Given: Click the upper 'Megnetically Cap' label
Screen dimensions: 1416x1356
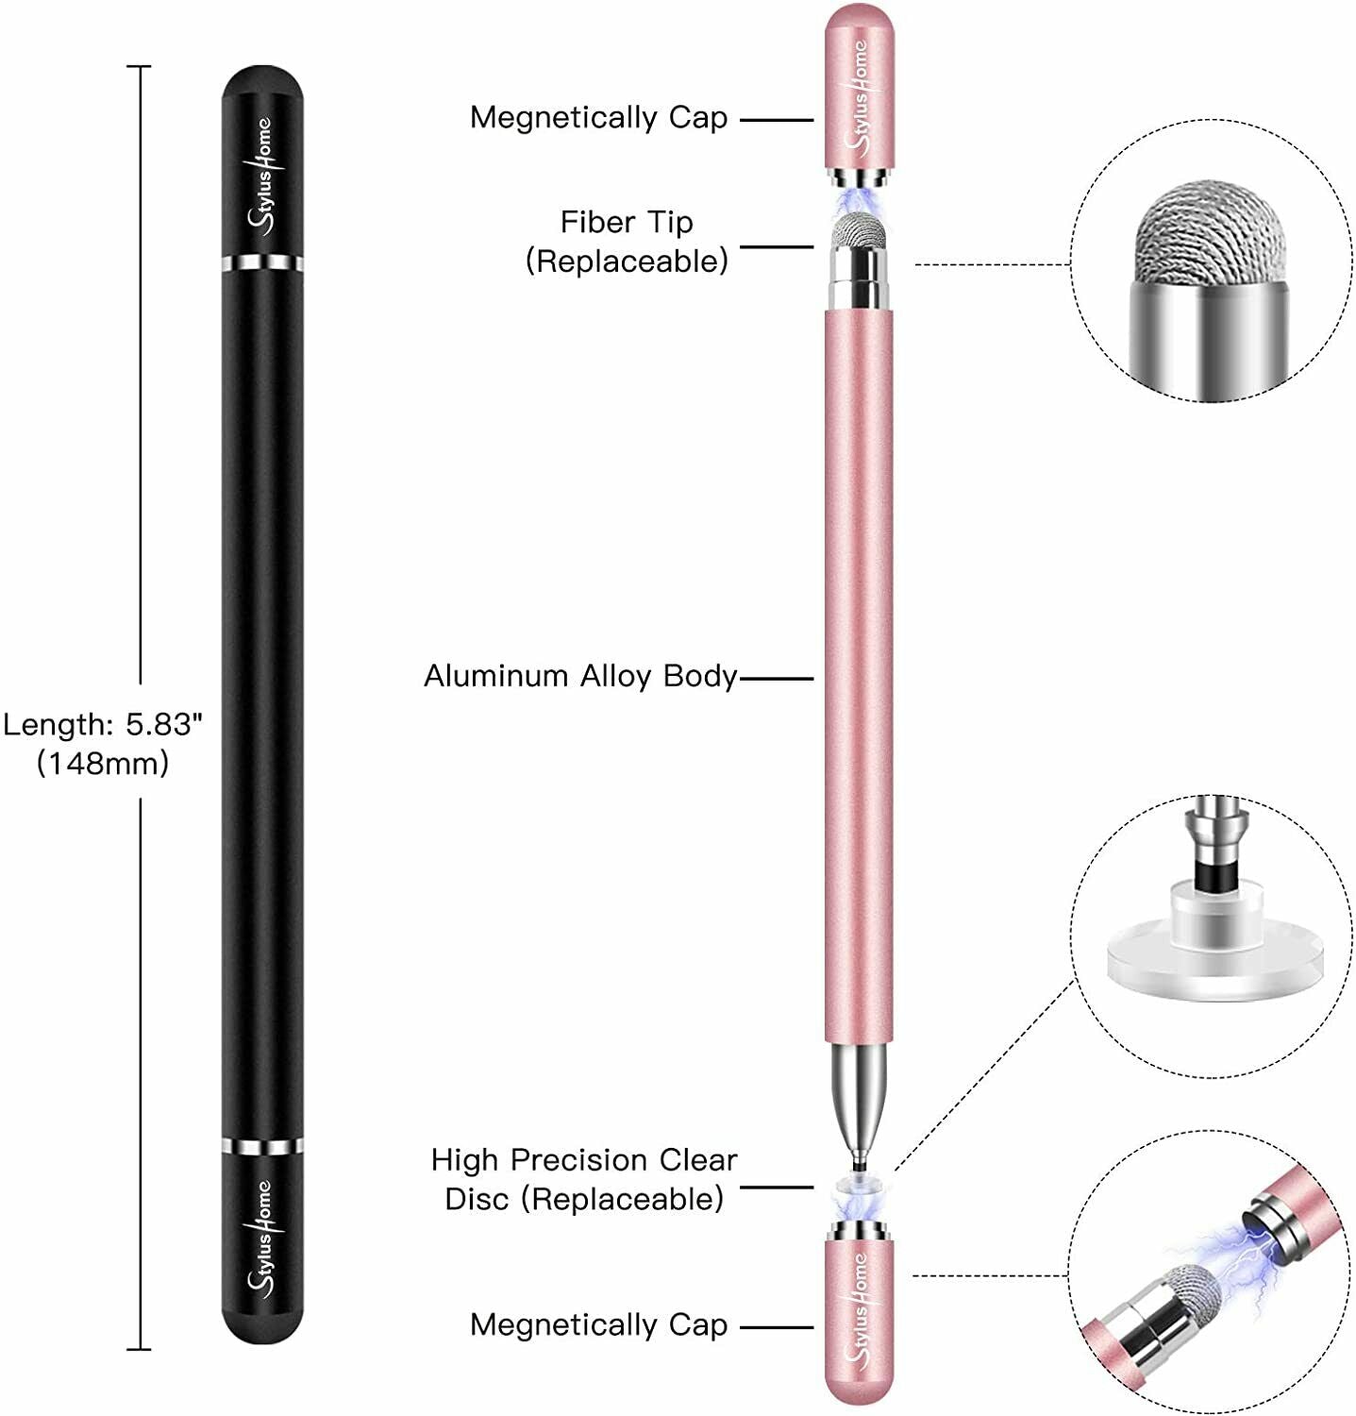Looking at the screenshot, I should pyautogui.click(x=598, y=118).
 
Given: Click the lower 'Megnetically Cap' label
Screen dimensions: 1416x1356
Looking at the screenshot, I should pyautogui.click(x=598, y=1325).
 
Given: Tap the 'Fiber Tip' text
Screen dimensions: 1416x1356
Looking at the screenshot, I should pyautogui.click(x=627, y=223).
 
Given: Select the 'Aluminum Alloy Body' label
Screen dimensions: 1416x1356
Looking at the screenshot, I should pyautogui.click(x=579, y=676).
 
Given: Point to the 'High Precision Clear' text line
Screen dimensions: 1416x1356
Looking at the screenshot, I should pyautogui.click(x=583, y=1160).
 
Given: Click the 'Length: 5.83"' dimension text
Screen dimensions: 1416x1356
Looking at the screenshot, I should pyautogui.click(x=103, y=725).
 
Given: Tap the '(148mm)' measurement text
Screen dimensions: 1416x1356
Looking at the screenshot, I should pyautogui.click(x=103, y=763).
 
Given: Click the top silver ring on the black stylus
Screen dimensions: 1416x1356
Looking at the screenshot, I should pyautogui.click(x=263, y=262).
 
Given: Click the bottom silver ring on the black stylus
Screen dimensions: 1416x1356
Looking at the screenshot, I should pyautogui.click(x=263, y=1147).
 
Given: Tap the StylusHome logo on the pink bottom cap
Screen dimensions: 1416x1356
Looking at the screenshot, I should pyautogui.click(x=859, y=1307).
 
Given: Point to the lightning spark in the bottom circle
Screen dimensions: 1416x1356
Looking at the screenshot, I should pyautogui.click(x=1227, y=1246).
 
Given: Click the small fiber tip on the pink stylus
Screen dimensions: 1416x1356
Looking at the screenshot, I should pyautogui.click(x=859, y=229).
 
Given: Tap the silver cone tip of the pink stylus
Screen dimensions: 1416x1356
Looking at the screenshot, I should pyautogui.click(x=859, y=1095).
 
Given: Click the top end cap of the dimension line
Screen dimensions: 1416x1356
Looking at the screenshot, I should pyautogui.click(x=140, y=67).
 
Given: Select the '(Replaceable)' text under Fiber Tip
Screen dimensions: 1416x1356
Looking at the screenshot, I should pyautogui.click(x=627, y=261).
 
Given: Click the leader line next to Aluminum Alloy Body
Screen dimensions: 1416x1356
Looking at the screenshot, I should pyautogui.click(x=776, y=678).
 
